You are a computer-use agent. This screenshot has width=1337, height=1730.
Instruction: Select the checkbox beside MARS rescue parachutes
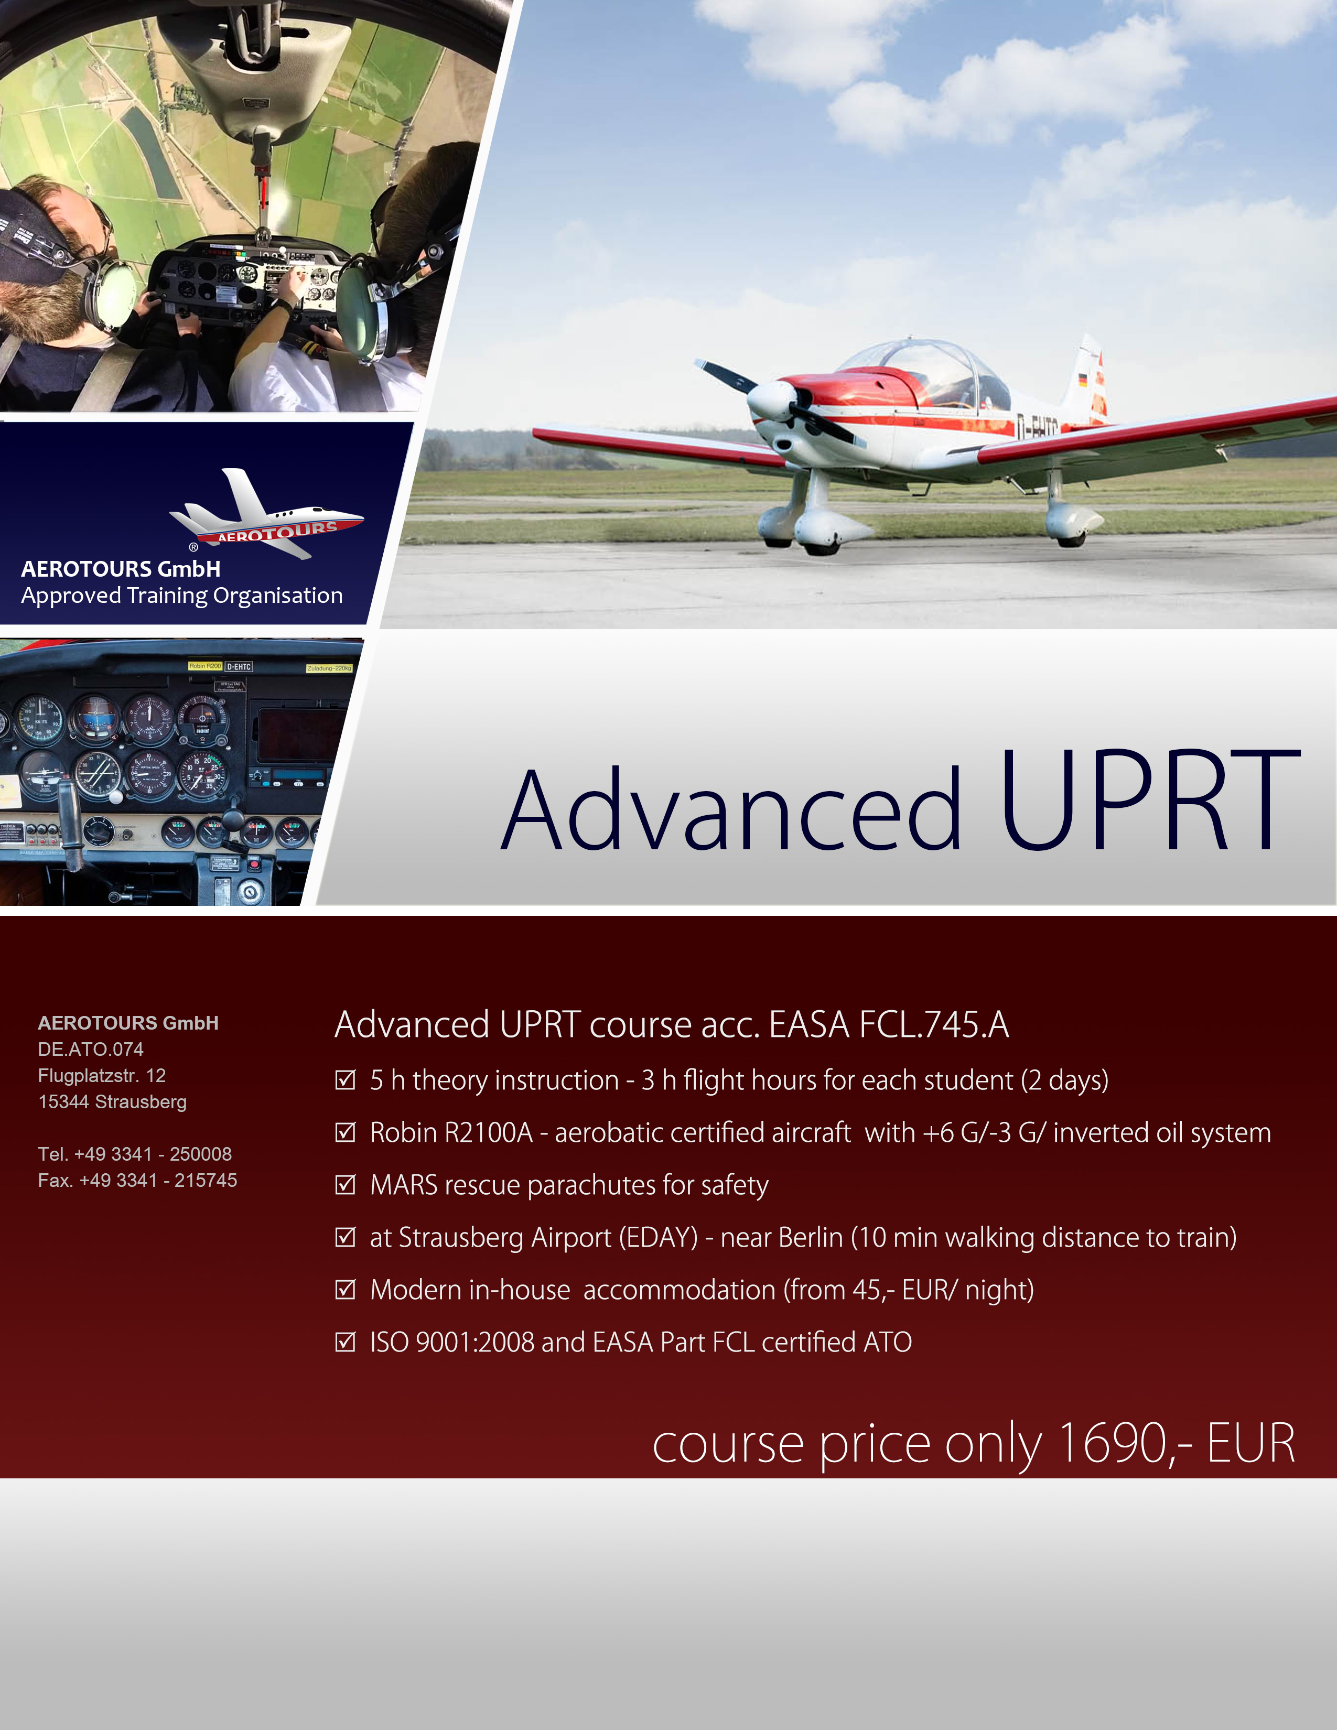tap(346, 1185)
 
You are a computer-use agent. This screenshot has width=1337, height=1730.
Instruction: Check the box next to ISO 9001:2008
tap(346, 1342)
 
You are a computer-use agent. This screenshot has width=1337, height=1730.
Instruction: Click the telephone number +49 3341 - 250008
tap(153, 1154)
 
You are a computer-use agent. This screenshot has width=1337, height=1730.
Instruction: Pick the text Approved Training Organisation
tap(182, 596)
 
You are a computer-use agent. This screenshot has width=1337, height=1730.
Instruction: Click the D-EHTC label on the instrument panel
tap(239, 667)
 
